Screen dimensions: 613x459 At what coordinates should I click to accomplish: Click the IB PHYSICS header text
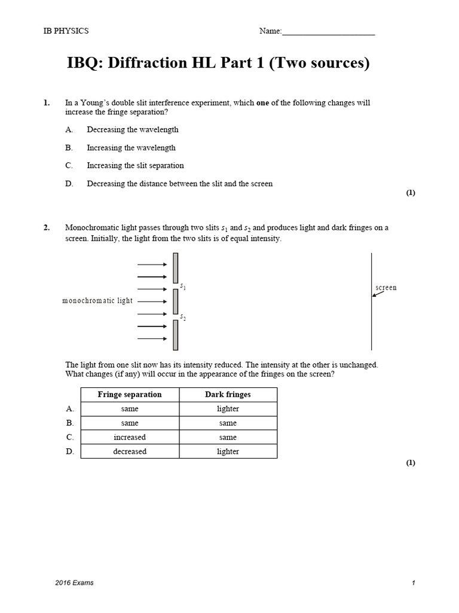tap(66, 31)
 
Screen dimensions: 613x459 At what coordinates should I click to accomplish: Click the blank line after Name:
tap(328, 32)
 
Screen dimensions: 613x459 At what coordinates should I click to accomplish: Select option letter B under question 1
tap(69, 148)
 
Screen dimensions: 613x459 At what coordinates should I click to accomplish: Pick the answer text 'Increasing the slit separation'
tap(135, 166)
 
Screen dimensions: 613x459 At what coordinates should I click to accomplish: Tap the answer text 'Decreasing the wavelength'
tap(133, 130)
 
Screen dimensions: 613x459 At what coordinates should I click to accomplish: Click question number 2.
tap(47, 228)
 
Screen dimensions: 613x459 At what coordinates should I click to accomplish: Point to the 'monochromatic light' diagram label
tap(97, 301)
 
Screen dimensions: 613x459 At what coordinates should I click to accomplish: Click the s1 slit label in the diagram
tap(183, 288)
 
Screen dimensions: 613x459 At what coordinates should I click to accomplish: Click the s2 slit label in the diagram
tap(183, 317)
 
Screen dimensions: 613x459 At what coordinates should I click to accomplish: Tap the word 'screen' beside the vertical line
tap(386, 288)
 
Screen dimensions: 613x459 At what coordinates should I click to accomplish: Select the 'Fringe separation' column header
tap(130, 395)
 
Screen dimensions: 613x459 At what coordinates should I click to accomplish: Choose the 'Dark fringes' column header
tap(228, 395)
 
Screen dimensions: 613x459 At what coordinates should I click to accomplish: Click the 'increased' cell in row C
tap(130, 438)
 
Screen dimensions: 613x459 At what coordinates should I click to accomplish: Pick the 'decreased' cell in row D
tap(130, 452)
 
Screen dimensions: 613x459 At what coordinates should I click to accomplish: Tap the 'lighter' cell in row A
tap(228, 409)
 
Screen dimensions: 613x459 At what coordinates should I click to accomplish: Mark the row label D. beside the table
tap(69, 452)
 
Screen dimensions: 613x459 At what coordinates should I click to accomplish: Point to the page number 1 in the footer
tap(413, 583)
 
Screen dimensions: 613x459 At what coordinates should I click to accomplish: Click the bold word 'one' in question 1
tap(263, 103)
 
